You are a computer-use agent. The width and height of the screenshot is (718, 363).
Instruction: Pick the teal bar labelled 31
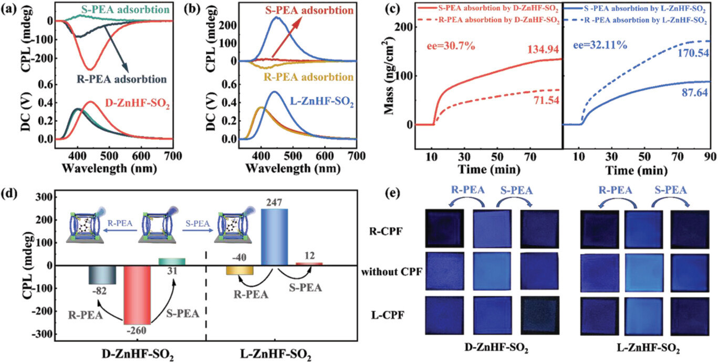tap(171, 262)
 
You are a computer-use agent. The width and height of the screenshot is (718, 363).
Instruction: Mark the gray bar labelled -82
tap(102, 275)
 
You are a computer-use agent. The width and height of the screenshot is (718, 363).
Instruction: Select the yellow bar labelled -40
tap(240, 270)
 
